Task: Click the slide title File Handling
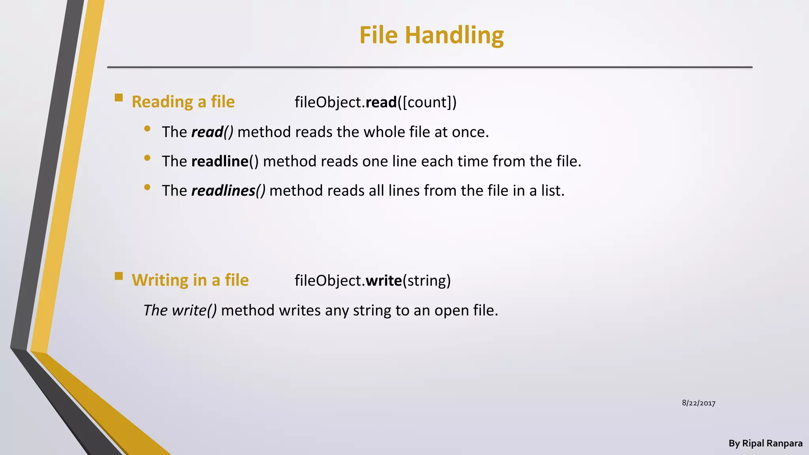pyautogui.click(x=431, y=35)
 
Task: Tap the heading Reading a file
pyautogui.click(x=183, y=102)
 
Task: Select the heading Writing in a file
pyautogui.click(x=190, y=280)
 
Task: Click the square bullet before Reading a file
pyautogui.click(x=119, y=98)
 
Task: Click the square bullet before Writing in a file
pyautogui.click(x=119, y=276)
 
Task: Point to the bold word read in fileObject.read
pyautogui.click(x=381, y=102)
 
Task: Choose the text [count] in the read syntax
pyautogui.click(x=427, y=102)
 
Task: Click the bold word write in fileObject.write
pyautogui.click(x=384, y=280)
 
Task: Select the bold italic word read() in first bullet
pyautogui.click(x=212, y=132)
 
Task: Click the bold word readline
pyautogui.click(x=220, y=161)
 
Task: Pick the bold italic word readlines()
pyautogui.click(x=228, y=190)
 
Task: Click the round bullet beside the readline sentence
pyautogui.click(x=147, y=158)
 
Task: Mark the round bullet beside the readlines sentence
pyautogui.click(x=147, y=187)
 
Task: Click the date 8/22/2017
pyautogui.click(x=698, y=403)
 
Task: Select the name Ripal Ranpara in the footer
pyautogui.click(x=772, y=444)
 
